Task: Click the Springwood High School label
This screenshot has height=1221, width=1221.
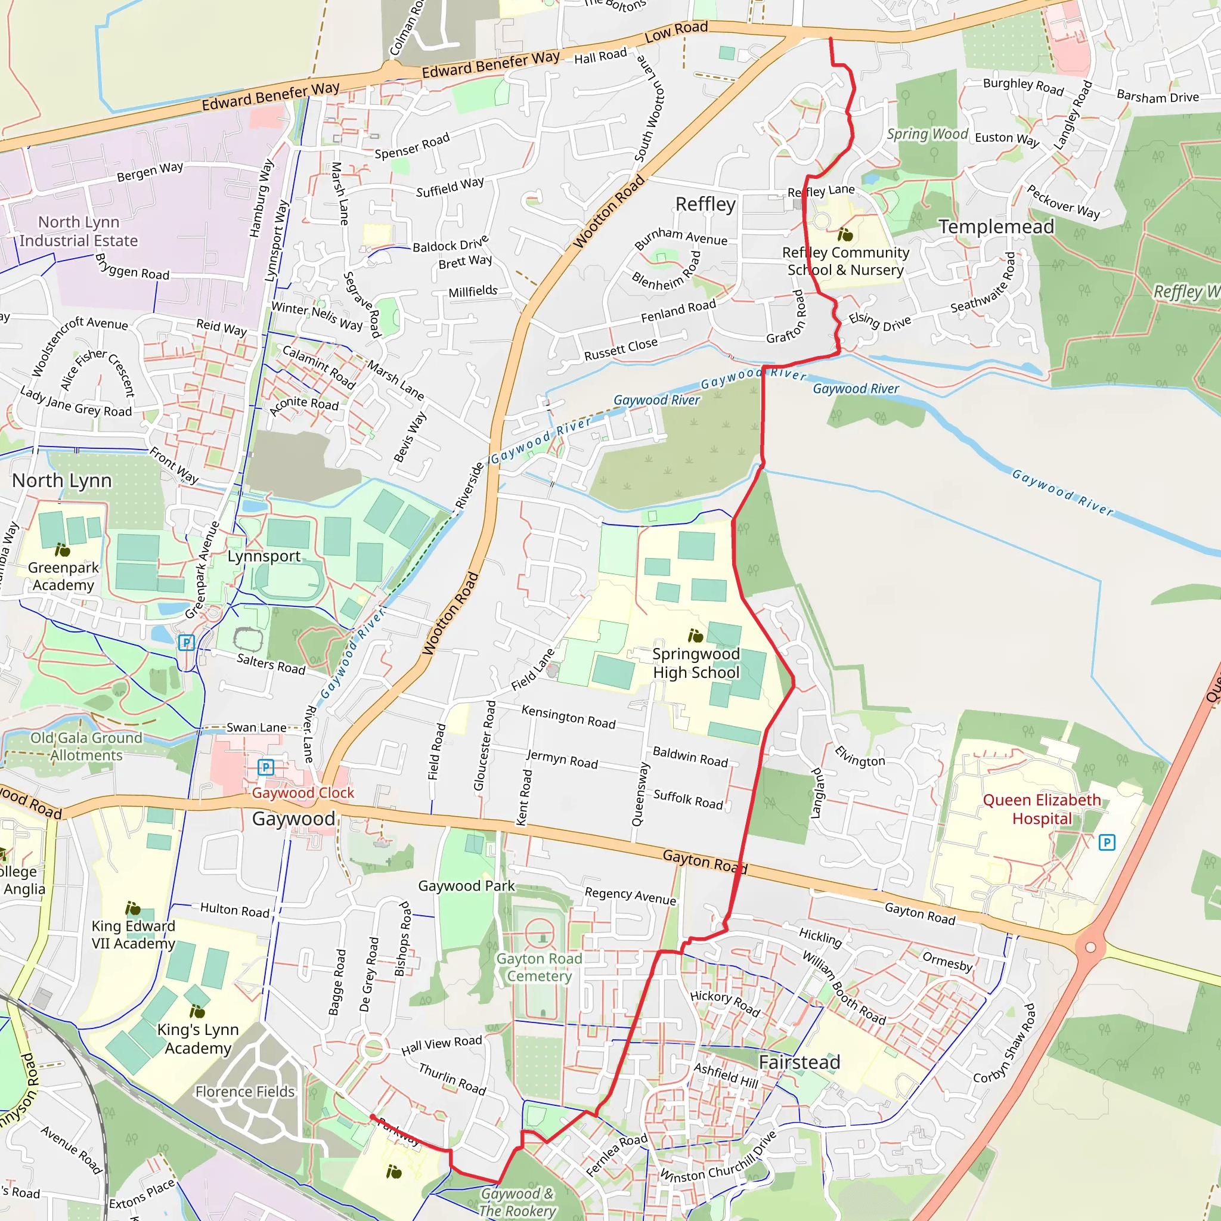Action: point(696,663)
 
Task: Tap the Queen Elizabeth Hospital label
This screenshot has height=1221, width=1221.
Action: point(1042,809)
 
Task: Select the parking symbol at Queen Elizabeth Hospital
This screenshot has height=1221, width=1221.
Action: point(1107,842)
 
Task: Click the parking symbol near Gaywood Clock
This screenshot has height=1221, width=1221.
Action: point(266,767)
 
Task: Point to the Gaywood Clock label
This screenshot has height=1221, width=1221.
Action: point(303,792)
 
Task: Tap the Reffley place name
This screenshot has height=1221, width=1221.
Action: point(705,204)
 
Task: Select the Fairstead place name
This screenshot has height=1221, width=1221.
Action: point(799,1062)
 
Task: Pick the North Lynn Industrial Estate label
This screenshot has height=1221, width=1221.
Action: point(78,231)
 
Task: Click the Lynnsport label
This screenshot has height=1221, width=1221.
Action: point(264,556)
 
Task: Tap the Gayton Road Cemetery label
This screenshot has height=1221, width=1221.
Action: point(539,967)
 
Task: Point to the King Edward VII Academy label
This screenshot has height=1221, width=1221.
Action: point(134,934)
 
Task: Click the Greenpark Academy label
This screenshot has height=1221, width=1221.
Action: point(63,576)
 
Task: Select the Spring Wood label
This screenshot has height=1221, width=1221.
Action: point(926,134)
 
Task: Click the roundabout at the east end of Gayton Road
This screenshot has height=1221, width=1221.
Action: point(1090,947)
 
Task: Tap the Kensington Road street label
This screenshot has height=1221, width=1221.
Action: point(568,717)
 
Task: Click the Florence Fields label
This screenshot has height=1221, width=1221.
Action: point(245,1092)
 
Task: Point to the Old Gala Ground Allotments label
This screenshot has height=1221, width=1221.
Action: point(86,746)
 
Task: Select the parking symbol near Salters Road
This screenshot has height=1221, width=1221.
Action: point(186,643)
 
